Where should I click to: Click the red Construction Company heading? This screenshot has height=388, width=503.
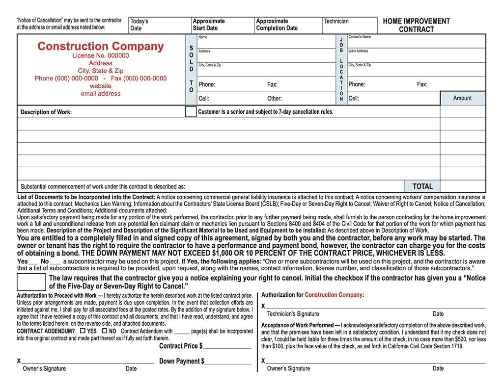click(x=100, y=46)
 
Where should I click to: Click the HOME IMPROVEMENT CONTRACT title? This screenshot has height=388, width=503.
click(x=416, y=25)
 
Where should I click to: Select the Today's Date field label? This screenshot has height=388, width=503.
click(x=139, y=25)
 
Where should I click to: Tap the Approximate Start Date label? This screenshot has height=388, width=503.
click(x=209, y=25)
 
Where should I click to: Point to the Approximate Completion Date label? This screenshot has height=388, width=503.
click(x=277, y=25)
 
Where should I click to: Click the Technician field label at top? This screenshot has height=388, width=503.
click(x=336, y=21)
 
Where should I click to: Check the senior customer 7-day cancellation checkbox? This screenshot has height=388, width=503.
click(x=191, y=112)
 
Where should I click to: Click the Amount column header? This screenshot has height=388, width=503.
click(x=462, y=98)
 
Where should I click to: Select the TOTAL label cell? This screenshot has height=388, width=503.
click(x=422, y=186)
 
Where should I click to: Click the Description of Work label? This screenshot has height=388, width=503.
click(x=46, y=112)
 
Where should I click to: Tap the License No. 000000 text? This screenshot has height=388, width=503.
click(x=100, y=55)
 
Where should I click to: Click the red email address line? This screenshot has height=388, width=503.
click(x=100, y=94)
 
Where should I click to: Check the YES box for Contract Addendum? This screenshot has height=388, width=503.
click(x=83, y=331)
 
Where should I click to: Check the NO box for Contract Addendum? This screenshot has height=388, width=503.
click(x=104, y=331)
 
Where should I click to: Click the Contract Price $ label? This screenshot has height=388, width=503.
click(x=181, y=346)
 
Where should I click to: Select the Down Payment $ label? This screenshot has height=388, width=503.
click(x=182, y=362)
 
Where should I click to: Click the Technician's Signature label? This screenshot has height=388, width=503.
click(x=293, y=314)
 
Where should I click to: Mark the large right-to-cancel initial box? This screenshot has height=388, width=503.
click(x=31, y=282)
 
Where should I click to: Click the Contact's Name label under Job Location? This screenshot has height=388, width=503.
click(x=360, y=37)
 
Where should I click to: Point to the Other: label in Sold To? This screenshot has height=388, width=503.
click(x=274, y=99)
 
